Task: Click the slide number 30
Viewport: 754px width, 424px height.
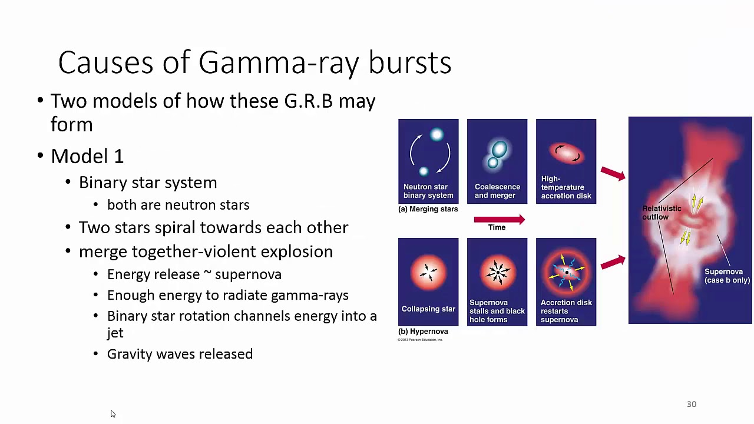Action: tap(691, 404)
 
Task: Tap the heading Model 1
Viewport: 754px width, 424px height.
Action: tap(87, 156)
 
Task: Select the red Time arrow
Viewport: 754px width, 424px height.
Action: tap(498, 220)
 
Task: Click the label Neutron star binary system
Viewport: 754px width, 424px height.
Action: tap(428, 191)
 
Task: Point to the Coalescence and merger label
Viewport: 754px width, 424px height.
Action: tap(497, 191)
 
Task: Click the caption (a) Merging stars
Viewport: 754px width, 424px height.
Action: tap(428, 209)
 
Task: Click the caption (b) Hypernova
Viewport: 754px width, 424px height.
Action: tap(423, 332)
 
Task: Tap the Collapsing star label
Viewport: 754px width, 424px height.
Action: tap(428, 309)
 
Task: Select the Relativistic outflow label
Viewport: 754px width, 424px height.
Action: tap(661, 213)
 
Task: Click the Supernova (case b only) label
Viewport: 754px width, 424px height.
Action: tap(726, 276)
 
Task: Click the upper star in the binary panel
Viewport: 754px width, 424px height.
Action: tap(436, 135)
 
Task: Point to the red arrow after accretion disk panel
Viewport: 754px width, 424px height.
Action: tap(613, 173)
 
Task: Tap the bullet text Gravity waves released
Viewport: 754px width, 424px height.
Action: tap(180, 354)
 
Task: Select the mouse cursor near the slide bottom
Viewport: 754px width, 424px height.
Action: tap(113, 414)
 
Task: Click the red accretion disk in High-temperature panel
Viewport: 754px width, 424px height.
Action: tap(565, 153)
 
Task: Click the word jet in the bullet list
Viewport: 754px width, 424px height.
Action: tap(115, 333)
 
